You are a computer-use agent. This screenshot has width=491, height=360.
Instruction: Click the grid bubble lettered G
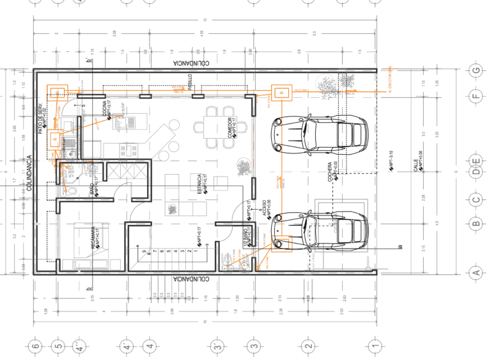click(x=474, y=70)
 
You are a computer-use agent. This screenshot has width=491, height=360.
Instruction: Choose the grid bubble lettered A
click(x=474, y=273)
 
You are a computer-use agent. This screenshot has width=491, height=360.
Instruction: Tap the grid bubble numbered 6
click(x=36, y=347)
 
